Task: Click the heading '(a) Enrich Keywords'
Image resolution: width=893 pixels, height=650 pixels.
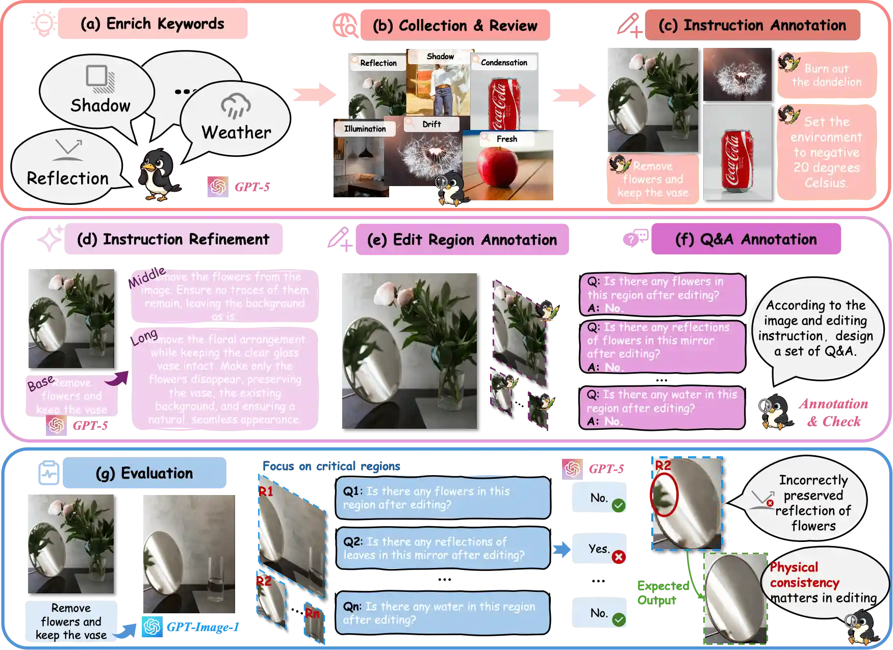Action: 152,24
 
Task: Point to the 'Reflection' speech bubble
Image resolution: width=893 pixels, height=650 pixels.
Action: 67,168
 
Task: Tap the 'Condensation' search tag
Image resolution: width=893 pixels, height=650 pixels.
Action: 504,62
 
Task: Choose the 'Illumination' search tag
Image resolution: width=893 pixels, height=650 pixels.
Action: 365,129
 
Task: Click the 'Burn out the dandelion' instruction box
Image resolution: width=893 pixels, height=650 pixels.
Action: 826,75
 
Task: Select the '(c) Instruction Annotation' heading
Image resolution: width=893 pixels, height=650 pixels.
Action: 752,25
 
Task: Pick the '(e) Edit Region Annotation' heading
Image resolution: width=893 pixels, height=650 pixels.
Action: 463,240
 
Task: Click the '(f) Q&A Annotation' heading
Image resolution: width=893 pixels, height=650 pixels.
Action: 746,239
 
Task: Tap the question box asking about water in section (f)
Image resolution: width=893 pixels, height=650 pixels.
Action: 662,407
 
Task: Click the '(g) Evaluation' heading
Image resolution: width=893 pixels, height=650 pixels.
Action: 144,473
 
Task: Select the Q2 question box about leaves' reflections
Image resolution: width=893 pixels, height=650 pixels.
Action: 442,548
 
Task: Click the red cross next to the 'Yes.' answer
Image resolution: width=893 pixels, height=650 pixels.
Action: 618,557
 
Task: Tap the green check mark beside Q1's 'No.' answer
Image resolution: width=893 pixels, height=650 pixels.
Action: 618,506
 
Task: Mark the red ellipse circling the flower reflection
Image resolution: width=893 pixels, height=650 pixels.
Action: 665,495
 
